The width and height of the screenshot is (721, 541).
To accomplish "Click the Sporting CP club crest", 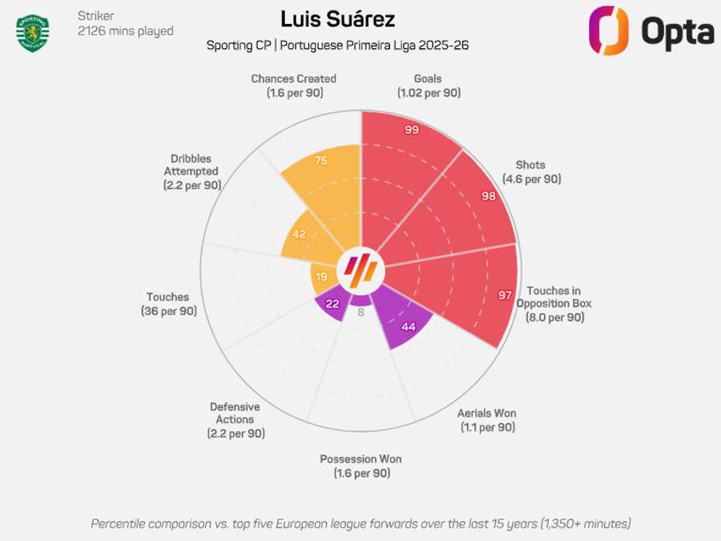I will pyautogui.click(x=33, y=32).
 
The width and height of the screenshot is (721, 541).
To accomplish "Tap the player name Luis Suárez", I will pyautogui.click(x=338, y=18).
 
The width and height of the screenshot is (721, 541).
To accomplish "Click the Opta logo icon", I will pyautogui.click(x=608, y=30).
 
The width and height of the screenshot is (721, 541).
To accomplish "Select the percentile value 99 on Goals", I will pyautogui.click(x=412, y=130).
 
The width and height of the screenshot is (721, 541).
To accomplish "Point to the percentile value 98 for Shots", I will pyautogui.click(x=487, y=196).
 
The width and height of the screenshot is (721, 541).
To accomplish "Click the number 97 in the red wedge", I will pyautogui.click(x=505, y=296).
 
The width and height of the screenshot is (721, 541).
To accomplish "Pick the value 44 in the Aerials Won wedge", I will pyautogui.click(x=409, y=326).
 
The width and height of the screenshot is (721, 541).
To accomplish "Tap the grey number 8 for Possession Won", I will pyautogui.click(x=360, y=313).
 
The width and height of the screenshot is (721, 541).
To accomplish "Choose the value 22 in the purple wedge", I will pyautogui.click(x=331, y=304).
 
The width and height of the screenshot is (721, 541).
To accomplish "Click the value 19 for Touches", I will pyautogui.click(x=320, y=277).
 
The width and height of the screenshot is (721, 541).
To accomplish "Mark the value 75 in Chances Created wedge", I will pyautogui.click(x=320, y=160).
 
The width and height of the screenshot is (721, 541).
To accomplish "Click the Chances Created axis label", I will pyautogui.click(x=293, y=86).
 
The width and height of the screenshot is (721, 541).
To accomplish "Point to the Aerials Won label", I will pyautogui.click(x=487, y=420).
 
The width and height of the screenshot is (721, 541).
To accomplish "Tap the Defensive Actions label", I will pyautogui.click(x=235, y=419).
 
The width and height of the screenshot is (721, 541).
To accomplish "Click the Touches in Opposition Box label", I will pyautogui.click(x=554, y=304).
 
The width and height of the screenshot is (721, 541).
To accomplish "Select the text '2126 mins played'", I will pyautogui.click(x=126, y=31).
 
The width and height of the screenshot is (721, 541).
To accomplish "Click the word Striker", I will pyautogui.click(x=95, y=15).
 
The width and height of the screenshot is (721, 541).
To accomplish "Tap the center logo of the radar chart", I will pyautogui.click(x=360, y=270).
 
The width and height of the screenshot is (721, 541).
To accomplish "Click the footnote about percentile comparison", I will pyautogui.click(x=360, y=523).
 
